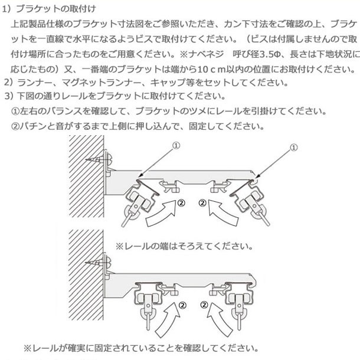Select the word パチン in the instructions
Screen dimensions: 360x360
point(35,126)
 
